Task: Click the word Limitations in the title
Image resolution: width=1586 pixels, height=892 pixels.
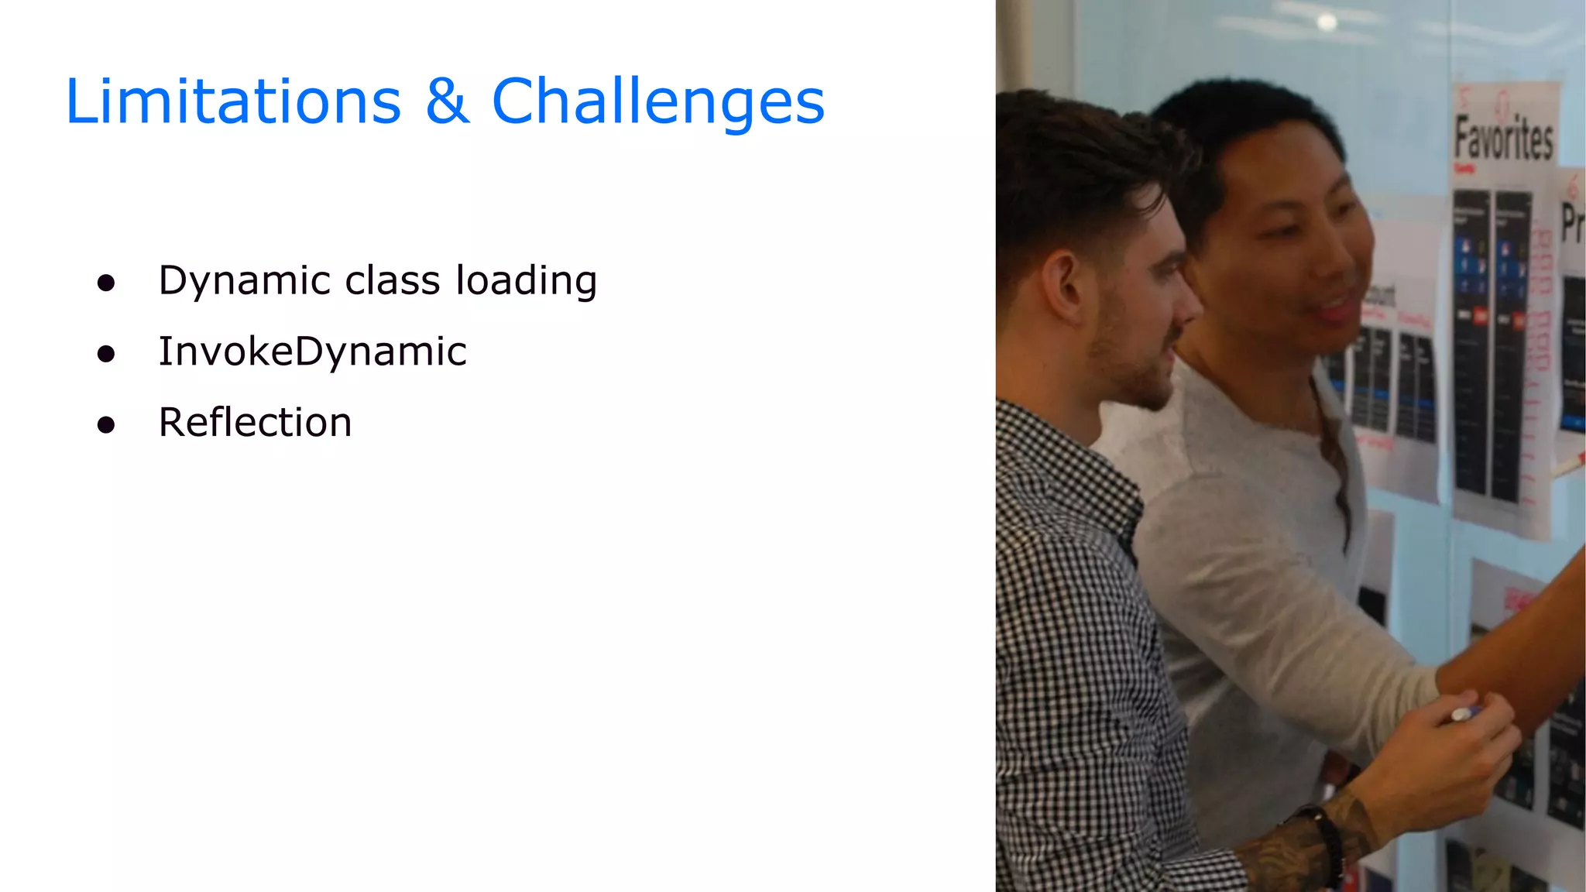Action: click(x=232, y=101)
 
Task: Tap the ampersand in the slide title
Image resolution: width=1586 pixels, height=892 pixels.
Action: click(x=447, y=101)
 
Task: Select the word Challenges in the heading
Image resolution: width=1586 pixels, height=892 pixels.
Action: click(x=658, y=103)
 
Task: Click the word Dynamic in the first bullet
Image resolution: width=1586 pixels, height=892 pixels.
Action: click(x=245, y=281)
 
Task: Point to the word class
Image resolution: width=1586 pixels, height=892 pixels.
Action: click(x=393, y=280)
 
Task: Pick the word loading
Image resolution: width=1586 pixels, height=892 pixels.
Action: click(x=527, y=281)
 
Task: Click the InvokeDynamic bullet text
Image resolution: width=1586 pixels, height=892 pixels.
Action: click(x=312, y=352)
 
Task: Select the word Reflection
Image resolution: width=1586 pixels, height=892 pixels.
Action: click(x=255, y=423)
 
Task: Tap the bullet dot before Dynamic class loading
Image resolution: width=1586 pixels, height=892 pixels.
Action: click(x=106, y=283)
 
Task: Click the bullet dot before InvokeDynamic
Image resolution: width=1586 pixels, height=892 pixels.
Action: click(x=106, y=355)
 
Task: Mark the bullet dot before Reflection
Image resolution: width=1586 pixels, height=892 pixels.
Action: click(x=106, y=425)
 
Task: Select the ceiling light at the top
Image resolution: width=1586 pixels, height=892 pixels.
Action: click(x=1327, y=22)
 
